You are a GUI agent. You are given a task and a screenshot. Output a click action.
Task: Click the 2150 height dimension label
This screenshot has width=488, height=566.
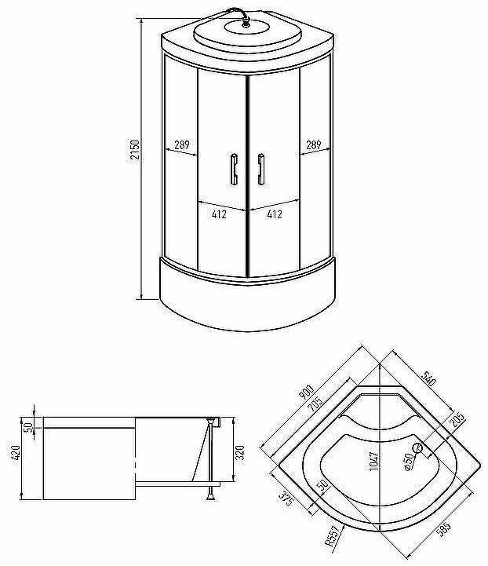click(135, 150)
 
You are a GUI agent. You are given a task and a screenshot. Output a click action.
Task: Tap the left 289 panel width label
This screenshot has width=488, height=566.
click(182, 145)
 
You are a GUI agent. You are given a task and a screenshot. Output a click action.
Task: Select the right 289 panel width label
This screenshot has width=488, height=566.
click(313, 145)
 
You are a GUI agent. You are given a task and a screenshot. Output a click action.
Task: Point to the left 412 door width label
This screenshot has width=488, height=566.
click(220, 214)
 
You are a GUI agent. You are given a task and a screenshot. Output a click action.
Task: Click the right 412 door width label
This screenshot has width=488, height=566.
click(275, 214)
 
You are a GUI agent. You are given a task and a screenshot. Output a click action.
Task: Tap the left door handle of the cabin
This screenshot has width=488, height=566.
click(234, 170)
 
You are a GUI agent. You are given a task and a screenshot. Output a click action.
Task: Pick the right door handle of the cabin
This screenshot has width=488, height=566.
click(261, 170)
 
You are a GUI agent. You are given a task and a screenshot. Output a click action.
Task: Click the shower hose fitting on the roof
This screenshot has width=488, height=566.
click(246, 24)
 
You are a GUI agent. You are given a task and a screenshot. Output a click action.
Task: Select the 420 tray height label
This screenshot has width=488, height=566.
click(16, 452)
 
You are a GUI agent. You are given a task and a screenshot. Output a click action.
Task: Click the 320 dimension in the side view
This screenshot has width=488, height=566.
click(240, 452)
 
